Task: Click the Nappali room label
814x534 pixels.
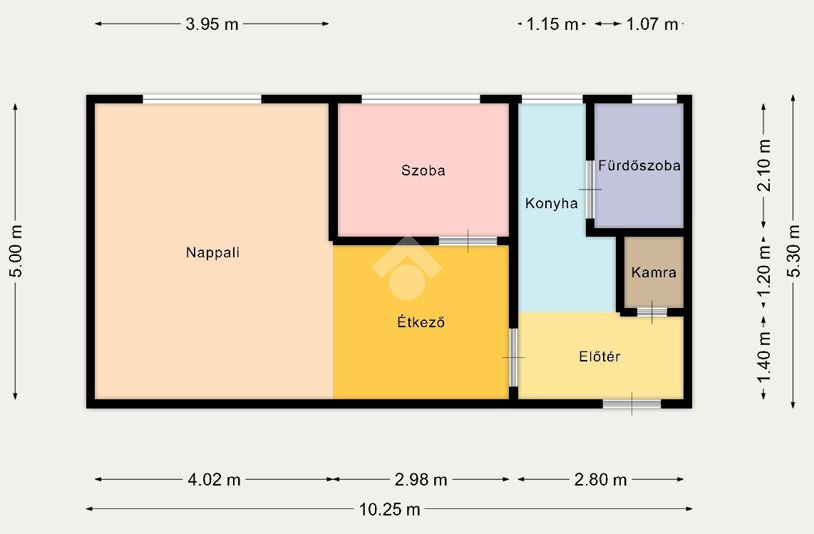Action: tap(213, 252)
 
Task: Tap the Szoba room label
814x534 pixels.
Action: tap(423, 170)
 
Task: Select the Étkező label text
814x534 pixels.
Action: tap(421, 322)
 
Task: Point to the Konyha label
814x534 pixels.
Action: tap(551, 203)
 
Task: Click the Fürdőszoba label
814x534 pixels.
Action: tap(639, 165)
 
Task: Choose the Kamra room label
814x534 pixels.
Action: tap(654, 272)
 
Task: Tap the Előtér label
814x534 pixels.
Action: tap(599, 356)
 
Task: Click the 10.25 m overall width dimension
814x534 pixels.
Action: tap(389, 510)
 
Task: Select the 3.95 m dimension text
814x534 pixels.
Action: tap(212, 24)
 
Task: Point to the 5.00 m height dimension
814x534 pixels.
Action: tap(16, 252)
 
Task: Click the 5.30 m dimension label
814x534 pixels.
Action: tap(794, 251)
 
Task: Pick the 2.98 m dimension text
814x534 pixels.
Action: tap(421, 479)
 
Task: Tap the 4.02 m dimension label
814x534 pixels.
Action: tap(214, 479)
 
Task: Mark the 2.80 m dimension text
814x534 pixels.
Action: tap(600, 479)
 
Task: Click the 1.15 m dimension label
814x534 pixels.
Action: tap(552, 24)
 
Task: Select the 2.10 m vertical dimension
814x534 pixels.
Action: tap(764, 165)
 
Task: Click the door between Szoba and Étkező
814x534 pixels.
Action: tap(468, 241)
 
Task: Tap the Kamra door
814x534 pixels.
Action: tap(652, 312)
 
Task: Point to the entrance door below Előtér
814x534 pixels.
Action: tap(632, 404)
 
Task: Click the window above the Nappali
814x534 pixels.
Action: tap(202, 99)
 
